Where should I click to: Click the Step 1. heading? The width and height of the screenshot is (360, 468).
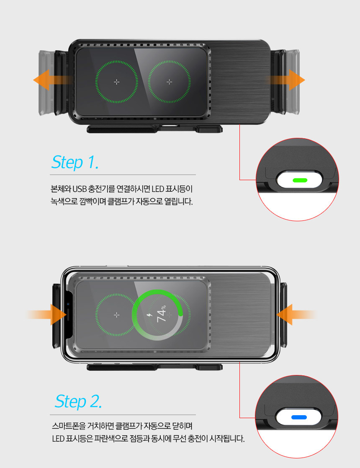75,162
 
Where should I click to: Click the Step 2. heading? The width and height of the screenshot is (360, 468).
78,401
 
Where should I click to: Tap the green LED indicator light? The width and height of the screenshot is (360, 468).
300,180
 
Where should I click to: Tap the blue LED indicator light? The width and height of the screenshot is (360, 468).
299,417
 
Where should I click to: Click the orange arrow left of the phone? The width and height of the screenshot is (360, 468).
46,315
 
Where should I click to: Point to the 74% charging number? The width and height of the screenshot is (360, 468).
161,314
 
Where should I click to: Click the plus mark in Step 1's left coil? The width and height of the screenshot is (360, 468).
117,82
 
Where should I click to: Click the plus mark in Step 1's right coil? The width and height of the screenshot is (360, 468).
169,82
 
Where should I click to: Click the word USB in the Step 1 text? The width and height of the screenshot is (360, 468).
80,189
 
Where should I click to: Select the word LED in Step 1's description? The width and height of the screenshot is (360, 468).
158,189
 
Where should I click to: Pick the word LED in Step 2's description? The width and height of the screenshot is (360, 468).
58,438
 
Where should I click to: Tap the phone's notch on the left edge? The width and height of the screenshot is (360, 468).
68,315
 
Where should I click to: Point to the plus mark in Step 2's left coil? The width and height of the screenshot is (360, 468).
117,315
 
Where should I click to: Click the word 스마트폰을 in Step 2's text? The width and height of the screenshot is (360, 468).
68,426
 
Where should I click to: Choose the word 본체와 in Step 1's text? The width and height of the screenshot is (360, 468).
61,189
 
